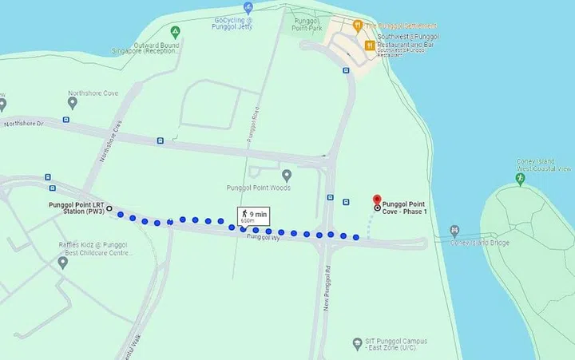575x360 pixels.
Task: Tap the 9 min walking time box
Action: pyautogui.click(x=252, y=216)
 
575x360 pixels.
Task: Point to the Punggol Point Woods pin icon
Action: pyautogui.click(x=286, y=175)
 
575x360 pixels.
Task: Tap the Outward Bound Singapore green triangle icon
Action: pyautogui.click(x=175, y=31)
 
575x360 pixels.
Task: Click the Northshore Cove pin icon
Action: pyautogui.click(x=73, y=103)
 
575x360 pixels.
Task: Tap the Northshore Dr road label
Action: pyautogui.click(x=22, y=124)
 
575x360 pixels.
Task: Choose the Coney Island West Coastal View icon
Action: pyautogui.click(x=520, y=180)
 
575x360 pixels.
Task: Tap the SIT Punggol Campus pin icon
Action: pyautogui.click(x=357, y=344)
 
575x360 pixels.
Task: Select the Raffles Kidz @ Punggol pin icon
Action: pyautogui.click(x=63, y=261)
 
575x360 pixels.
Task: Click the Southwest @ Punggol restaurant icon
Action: pyautogui.click(x=370, y=45)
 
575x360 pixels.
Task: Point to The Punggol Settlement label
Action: pyautogui.click(x=401, y=26)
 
